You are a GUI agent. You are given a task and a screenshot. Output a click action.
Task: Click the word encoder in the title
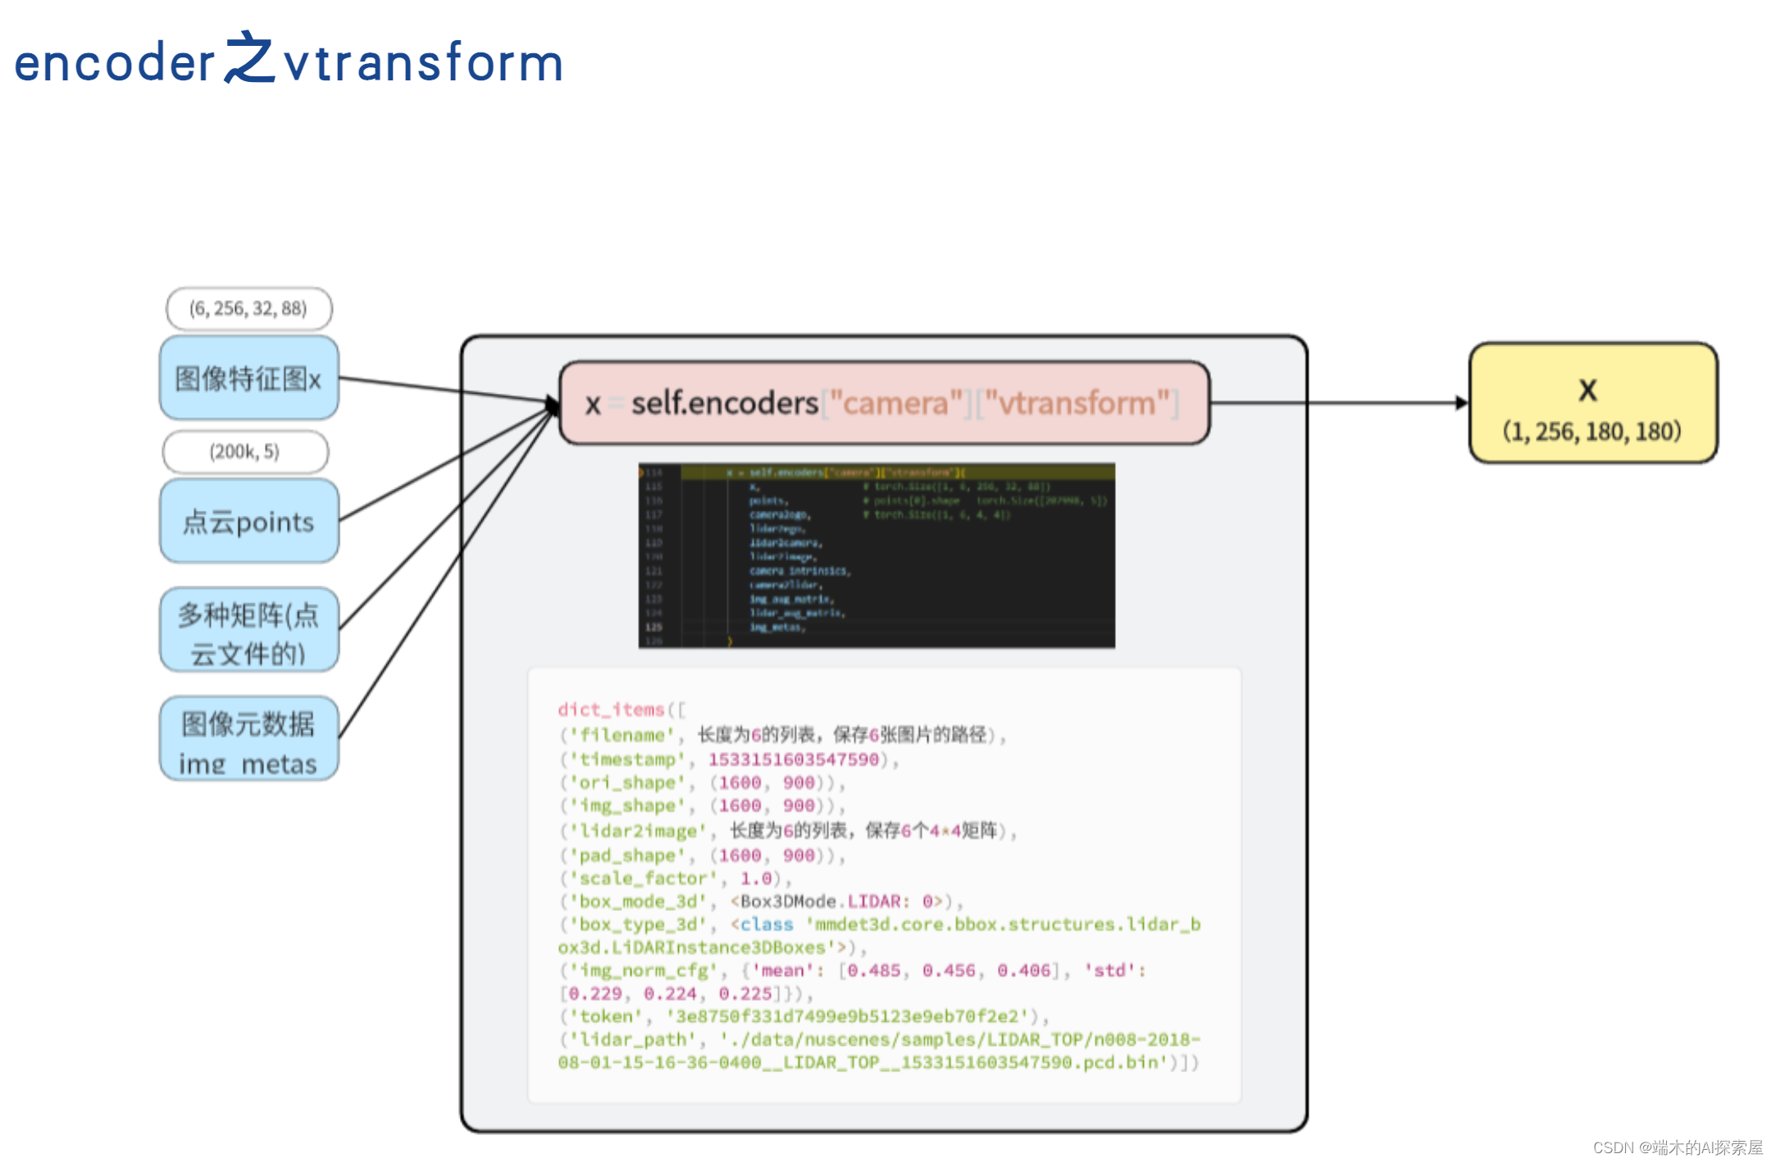pyautogui.click(x=114, y=63)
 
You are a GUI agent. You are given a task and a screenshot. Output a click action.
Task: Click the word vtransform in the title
pyautogui.click(x=423, y=63)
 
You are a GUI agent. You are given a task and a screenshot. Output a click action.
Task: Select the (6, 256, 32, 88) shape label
pyautogui.click(x=248, y=308)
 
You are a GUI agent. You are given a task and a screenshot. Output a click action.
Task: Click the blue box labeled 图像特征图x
pyautogui.click(x=248, y=378)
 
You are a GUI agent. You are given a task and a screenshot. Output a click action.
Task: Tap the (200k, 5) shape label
pyautogui.click(x=245, y=451)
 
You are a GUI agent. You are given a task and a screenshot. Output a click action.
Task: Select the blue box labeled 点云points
pyautogui.click(x=248, y=522)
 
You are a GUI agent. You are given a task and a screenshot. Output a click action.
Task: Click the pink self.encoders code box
pyautogui.click(x=884, y=403)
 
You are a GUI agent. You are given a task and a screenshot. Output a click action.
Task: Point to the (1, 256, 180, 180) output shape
pyautogui.click(x=1592, y=431)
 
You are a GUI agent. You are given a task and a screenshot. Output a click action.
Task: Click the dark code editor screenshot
pyautogui.click(x=876, y=555)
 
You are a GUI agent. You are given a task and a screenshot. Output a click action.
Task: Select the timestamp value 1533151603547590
pyautogui.click(x=793, y=759)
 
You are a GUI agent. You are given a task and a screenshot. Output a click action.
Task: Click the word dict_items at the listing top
pyautogui.click(x=611, y=709)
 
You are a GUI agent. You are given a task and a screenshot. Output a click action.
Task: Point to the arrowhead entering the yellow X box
pyautogui.click(x=1462, y=403)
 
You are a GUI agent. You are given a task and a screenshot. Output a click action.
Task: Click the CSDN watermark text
pyautogui.click(x=1677, y=1147)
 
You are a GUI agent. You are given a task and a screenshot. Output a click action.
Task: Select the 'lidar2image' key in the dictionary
pyautogui.click(x=637, y=831)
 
